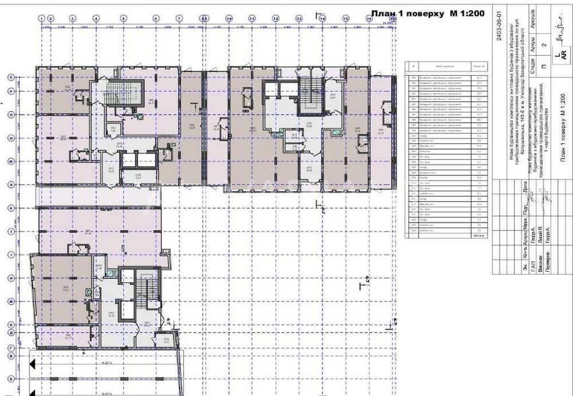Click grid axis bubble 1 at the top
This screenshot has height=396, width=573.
coord(42,18)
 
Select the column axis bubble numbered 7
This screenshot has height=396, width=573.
coord(179,18)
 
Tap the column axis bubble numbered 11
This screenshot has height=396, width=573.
coord(252,18)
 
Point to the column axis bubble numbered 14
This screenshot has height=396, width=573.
coord(323,18)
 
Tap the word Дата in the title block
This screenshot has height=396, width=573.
coord(525,187)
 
